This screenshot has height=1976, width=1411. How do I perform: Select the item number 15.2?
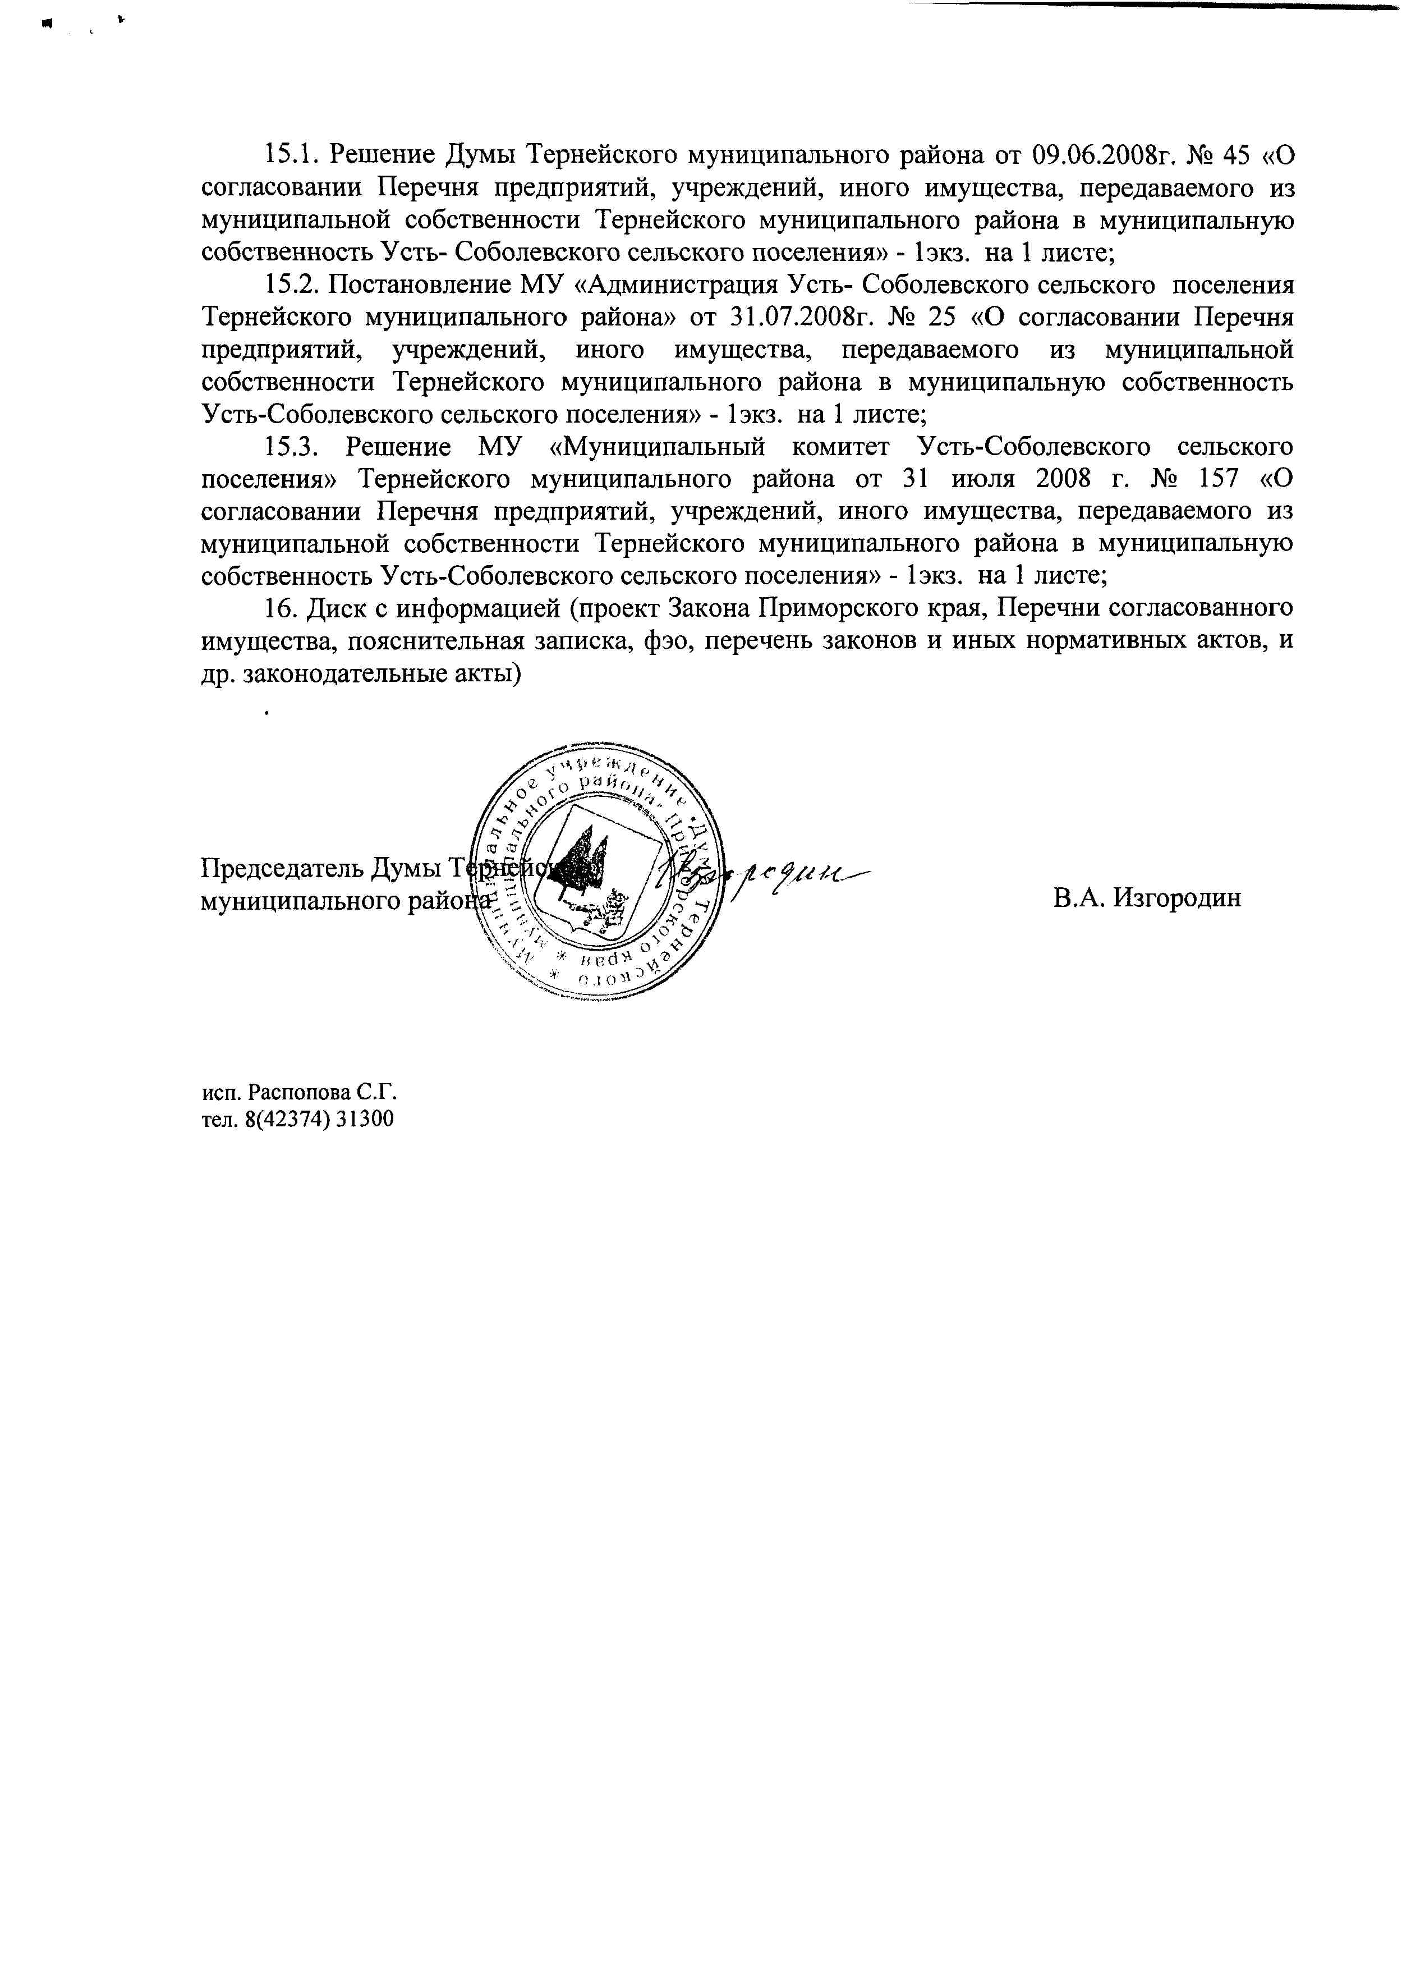[292, 285]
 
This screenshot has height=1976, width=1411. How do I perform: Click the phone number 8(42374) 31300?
[320, 1119]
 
